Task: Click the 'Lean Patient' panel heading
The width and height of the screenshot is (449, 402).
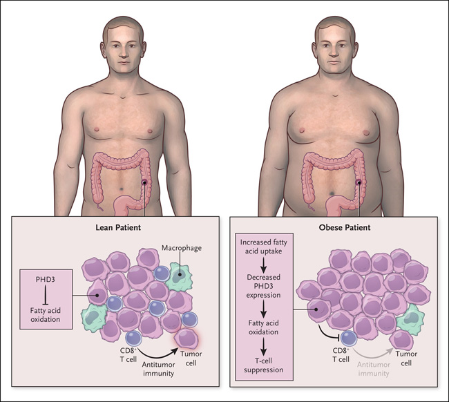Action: pyautogui.click(x=114, y=227)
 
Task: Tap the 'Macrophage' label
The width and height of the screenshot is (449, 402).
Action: pyautogui.click(x=181, y=247)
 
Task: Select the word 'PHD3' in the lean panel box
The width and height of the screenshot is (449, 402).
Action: pyautogui.click(x=45, y=280)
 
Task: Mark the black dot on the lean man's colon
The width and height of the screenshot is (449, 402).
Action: pyautogui.click(x=144, y=182)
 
